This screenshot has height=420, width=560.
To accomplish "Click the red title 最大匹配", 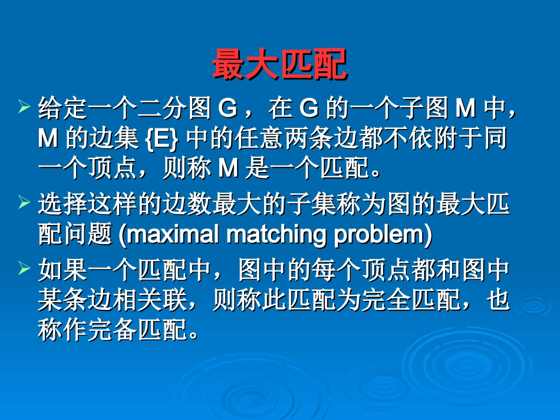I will click(279, 65).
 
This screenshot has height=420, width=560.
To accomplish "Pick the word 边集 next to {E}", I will click(112, 140).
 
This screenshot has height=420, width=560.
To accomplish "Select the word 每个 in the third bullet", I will click(335, 270).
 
